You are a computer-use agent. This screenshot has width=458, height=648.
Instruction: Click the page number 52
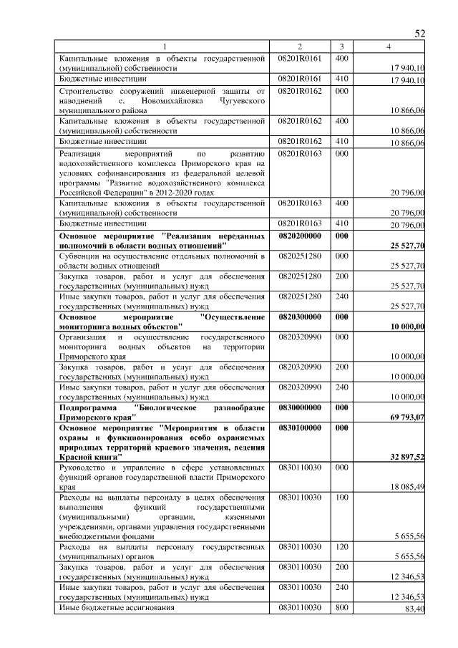[420, 34]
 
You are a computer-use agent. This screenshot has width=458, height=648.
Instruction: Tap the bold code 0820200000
[300, 236]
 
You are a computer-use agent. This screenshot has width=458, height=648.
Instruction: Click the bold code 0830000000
[300, 407]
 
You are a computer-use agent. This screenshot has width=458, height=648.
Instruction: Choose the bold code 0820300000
[300, 316]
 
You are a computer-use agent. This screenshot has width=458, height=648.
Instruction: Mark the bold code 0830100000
[300, 427]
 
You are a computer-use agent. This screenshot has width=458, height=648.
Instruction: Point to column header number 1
[163, 47]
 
